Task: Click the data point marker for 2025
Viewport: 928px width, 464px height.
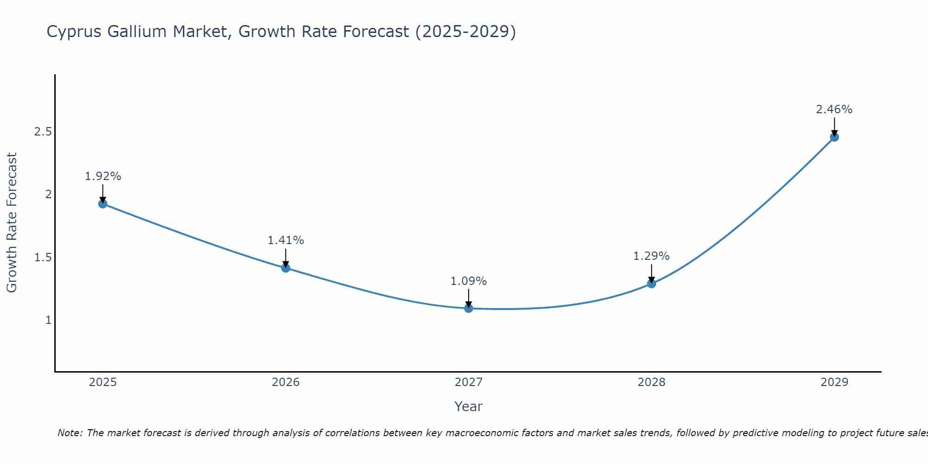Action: [103, 204]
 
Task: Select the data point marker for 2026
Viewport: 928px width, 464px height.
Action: [285, 268]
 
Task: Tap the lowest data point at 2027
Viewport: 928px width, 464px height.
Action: [469, 308]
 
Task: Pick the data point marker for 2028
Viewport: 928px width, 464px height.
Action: [651, 284]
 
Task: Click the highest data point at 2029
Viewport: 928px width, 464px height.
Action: [834, 137]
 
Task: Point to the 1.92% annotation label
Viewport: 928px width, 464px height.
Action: [103, 176]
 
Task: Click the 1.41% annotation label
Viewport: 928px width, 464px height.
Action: [285, 240]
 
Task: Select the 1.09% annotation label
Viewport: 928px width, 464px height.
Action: [469, 281]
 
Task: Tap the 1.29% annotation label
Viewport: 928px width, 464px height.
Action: [651, 256]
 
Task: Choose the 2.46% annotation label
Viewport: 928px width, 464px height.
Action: [834, 110]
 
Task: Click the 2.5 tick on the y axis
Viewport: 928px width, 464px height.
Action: [43, 132]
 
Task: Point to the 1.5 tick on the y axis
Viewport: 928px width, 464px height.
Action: [43, 257]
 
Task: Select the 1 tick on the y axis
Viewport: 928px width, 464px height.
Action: [48, 320]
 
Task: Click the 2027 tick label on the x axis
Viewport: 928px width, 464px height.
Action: [469, 382]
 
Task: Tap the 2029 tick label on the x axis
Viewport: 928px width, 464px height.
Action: [834, 382]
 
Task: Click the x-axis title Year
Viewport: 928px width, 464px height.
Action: [469, 406]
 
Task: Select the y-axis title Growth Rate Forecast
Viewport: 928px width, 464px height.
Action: [12, 223]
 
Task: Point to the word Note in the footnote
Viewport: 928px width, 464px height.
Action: [70, 433]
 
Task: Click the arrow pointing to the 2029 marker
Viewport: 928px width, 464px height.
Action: [834, 126]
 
